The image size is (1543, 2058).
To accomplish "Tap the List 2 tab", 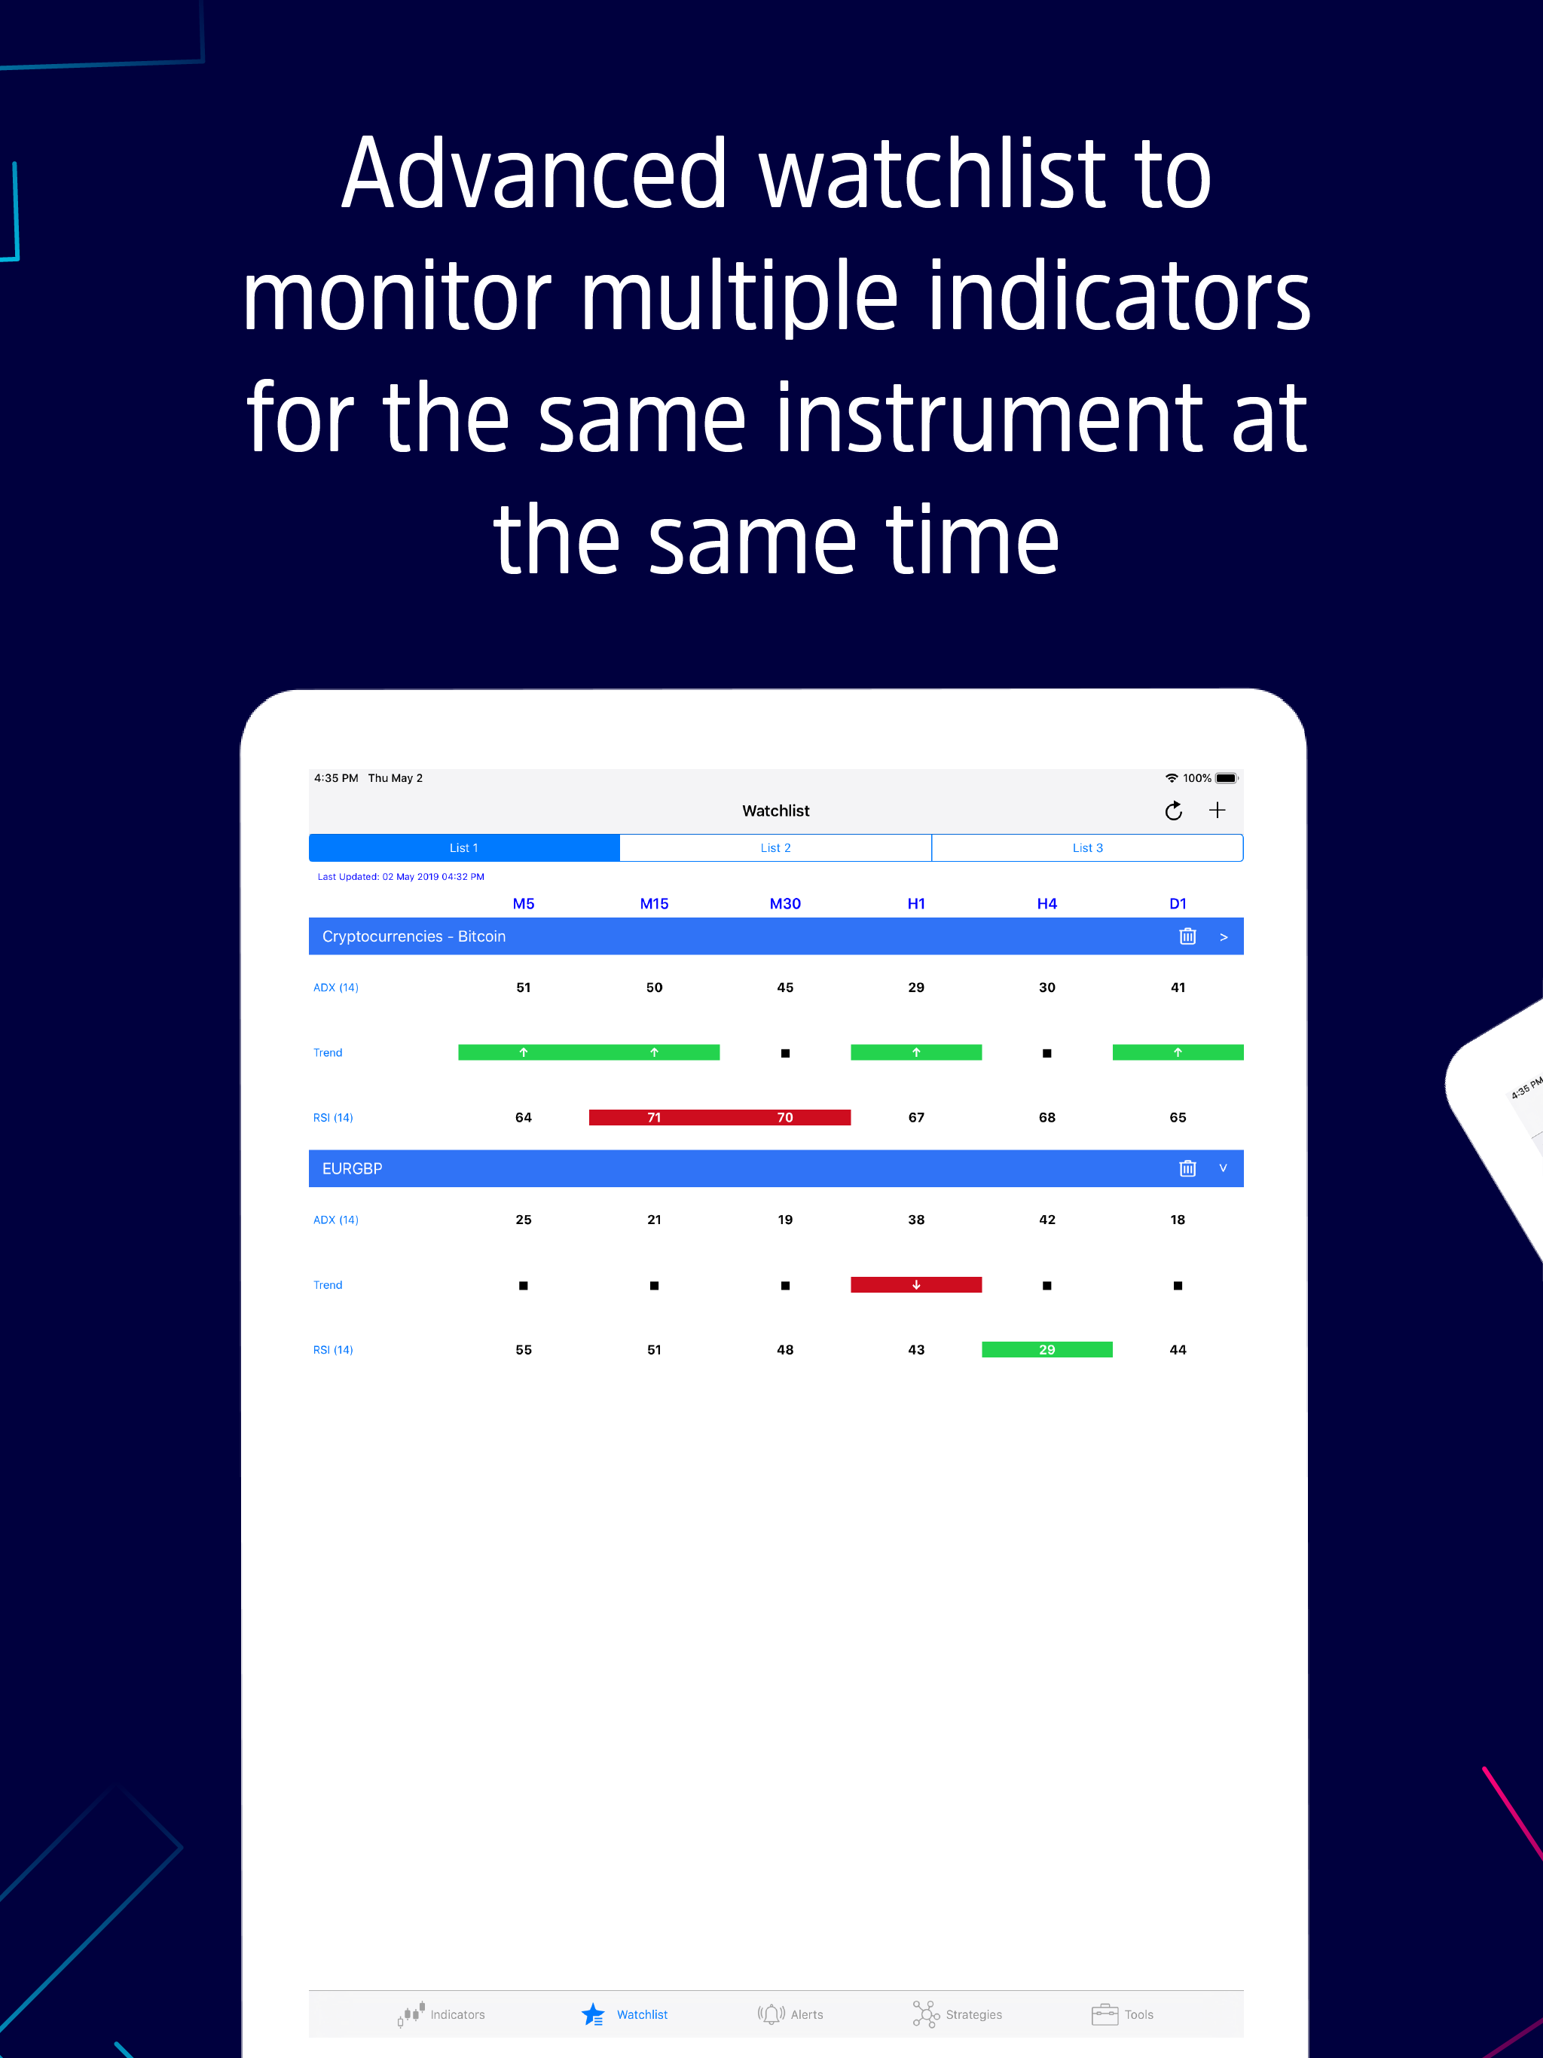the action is tap(775, 847).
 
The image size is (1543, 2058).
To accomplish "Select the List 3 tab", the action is tap(1087, 847).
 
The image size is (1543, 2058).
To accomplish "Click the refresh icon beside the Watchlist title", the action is tap(1174, 811).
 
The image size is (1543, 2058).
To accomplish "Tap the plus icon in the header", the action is tap(1218, 811).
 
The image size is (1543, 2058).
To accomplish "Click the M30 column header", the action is tap(784, 903).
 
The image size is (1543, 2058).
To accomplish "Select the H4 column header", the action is tap(1047, 903).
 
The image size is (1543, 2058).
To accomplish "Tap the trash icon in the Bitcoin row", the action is tap(1187, 936).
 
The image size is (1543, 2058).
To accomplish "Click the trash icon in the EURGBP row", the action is tap(1187, 1168).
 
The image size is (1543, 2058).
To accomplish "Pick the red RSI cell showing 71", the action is tap(654, 1117).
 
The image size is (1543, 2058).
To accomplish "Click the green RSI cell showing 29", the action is tap(1047, 1350).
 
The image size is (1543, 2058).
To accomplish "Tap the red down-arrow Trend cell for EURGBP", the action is tap(915, 1285).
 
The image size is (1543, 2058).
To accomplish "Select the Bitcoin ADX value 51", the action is tap(523, 987).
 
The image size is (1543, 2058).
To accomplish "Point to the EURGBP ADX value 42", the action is tap(1047, 1220).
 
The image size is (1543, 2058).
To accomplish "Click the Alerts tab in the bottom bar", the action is tap(790, 2014).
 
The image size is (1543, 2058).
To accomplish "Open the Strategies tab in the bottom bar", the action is tap(957, 2014).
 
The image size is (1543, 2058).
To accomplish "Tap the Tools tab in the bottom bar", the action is tap(1123, 2014).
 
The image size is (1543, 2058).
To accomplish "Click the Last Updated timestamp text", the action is tap(401, 876).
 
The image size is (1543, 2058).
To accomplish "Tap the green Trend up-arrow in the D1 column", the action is tap(1178, 1052).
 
